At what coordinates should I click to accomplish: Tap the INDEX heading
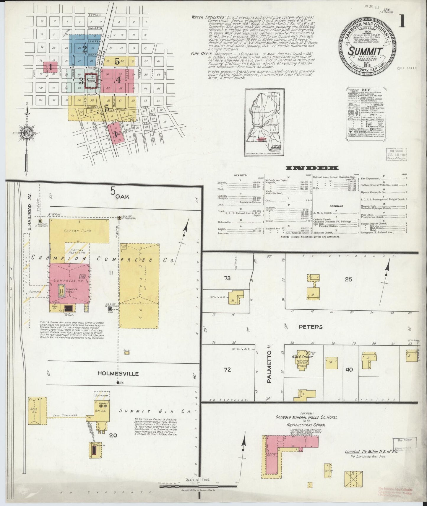[312, 168]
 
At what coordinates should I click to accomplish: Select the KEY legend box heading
[366, 90]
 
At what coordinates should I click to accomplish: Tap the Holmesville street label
[118, 373]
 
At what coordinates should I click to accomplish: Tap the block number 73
[227, 278]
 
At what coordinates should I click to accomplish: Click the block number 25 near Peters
[349, 279]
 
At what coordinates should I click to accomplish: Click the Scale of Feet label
[198, 479]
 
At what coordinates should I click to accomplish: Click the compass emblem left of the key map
[27, 133]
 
